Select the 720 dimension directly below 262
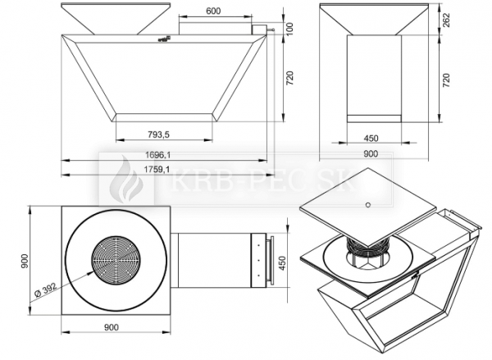pyautogui.click(x=445, y=80)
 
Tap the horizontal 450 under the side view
pyautogui.click(x=370, y=138)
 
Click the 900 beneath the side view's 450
pyautogui.click(x=371, y=153)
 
